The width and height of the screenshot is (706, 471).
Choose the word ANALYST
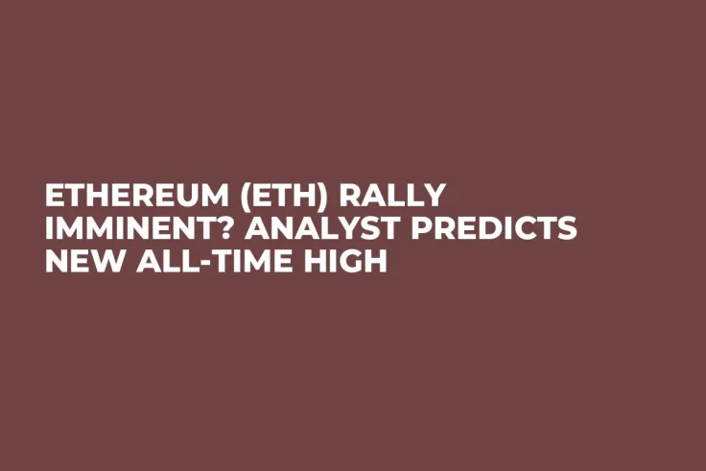coord(302,228)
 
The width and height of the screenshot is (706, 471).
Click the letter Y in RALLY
coord(435,196)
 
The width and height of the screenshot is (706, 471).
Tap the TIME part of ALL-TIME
coord(247,260)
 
